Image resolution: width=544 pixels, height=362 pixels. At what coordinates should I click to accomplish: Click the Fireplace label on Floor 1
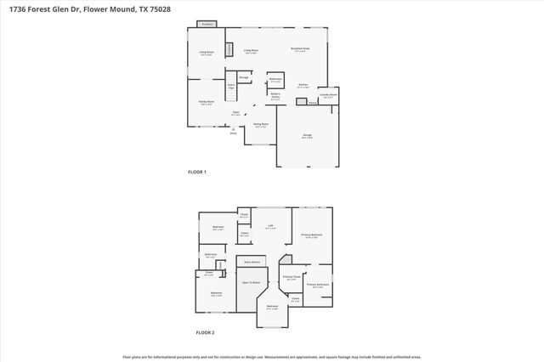pyautogui.click(x=207, y=25)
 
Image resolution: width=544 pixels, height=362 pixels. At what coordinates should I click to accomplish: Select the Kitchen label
pyautogui.click(x=302, y=85)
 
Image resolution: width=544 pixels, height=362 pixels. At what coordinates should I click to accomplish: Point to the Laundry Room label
pyautogui.click(x=328, y=95)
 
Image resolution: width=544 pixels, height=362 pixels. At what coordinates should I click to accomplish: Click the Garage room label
pyautogui.click(x=307, y=136)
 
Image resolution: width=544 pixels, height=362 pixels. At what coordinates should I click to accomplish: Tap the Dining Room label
pyautogui.click(x=260, y=124)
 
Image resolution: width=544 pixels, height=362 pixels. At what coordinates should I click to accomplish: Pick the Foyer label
pyautogui.click(x=235, y=112)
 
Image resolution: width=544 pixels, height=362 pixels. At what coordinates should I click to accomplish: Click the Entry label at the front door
pyautogui.click(x=234, y=133)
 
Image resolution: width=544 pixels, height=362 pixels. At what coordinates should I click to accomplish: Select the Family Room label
pyautogui.click(x=206, y=103)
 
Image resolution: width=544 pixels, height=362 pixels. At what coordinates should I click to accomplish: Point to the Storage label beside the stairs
pyautogui.click(x=243, y=78)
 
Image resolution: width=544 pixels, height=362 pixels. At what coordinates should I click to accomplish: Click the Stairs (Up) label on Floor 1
pyautogui.click(x=230, y=86)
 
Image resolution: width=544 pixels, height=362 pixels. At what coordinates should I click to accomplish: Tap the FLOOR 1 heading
pyautogui.click(x=197, y=173)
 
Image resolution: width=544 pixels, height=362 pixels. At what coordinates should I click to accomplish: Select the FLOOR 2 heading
pyautogui.click(x=206, y=332)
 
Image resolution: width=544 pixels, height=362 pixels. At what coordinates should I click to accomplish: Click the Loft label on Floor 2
pyautogui.click(x=270, y=226)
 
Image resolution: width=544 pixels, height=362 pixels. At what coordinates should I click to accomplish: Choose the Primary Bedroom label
pyautogui.click(x=311, y=235)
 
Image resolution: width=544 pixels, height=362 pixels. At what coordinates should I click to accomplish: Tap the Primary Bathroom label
pyautogui.click(x=317, y=285)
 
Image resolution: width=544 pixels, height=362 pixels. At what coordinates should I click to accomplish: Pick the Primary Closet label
pyautogui.click(x=290, y=277)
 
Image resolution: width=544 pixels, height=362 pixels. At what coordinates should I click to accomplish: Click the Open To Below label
pyautogui.click(x=251, y=280)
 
